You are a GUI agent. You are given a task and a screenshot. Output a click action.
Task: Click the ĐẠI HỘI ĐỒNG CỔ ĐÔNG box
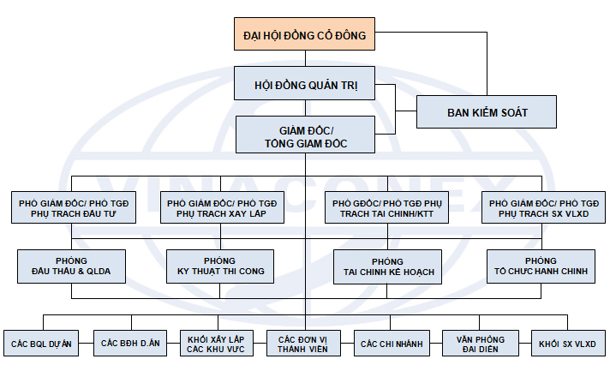[304, 35]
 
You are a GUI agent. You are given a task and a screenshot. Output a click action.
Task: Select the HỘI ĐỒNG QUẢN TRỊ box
[305, 85]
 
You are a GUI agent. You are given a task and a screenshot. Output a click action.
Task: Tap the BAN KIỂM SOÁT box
[487, 112]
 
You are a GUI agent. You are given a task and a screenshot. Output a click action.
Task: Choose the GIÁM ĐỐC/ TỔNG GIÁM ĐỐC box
[305, 135]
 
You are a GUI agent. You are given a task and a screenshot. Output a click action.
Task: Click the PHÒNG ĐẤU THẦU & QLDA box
[71, 266]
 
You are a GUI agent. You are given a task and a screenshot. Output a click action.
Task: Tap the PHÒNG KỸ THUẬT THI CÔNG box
[220, 266]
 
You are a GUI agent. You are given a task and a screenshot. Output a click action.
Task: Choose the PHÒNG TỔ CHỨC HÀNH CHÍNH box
[540, 266]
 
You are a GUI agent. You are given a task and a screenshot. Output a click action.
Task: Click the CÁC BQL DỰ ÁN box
[41, 344]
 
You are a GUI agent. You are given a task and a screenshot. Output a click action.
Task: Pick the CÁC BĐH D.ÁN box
[130, 344]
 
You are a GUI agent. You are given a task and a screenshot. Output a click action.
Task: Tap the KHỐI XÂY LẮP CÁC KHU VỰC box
[218, 344]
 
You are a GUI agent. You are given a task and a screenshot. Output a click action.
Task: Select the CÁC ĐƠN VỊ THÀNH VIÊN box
[305, 344]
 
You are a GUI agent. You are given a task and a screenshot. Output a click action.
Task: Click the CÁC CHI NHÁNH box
[392, 344]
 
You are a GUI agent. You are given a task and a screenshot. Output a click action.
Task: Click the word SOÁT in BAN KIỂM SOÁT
[511, 112]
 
